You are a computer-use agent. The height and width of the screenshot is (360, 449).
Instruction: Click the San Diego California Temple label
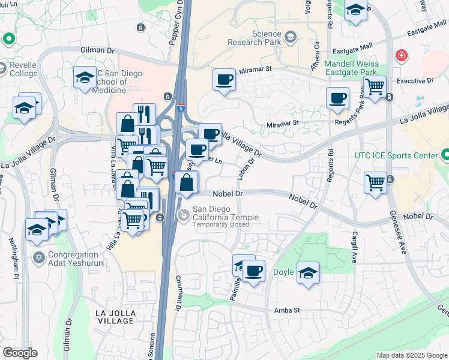225,217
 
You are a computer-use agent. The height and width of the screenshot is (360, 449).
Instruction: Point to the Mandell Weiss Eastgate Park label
355,68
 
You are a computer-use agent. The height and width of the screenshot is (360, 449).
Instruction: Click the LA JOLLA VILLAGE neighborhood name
115,317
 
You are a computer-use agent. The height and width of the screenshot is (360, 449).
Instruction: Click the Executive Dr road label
415,80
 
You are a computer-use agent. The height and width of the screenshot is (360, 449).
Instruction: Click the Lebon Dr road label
243,169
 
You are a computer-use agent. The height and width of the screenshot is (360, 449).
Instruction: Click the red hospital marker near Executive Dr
400,56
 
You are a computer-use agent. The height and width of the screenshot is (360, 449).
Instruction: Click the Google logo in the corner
20,353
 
